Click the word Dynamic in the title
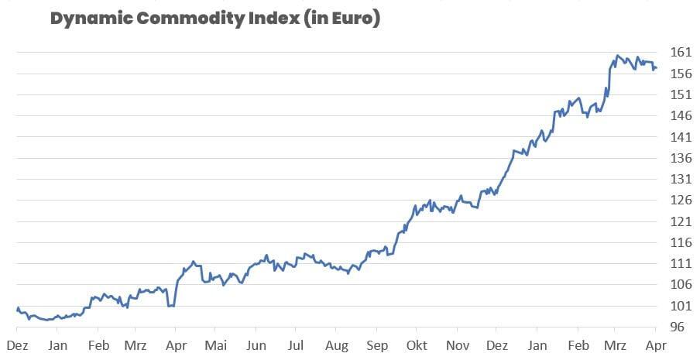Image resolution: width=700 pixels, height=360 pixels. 86,19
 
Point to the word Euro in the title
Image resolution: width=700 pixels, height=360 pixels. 353,19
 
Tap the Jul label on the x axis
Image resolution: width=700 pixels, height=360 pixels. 295,345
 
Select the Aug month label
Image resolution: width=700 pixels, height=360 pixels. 337,345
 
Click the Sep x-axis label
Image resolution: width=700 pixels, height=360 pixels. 377,345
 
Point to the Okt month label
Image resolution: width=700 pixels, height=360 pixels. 417,345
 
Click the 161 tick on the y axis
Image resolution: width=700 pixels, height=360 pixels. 680,53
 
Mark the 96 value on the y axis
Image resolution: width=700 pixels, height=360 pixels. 677,327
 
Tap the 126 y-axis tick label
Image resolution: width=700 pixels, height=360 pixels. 680,201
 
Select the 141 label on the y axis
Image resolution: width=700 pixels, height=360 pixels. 680,137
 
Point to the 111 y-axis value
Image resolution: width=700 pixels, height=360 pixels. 680,264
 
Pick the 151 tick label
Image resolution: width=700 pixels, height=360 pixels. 680,95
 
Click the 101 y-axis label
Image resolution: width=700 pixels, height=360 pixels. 680,306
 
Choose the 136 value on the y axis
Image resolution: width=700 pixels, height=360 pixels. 680,158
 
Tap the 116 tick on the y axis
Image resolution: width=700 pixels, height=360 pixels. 680,242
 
